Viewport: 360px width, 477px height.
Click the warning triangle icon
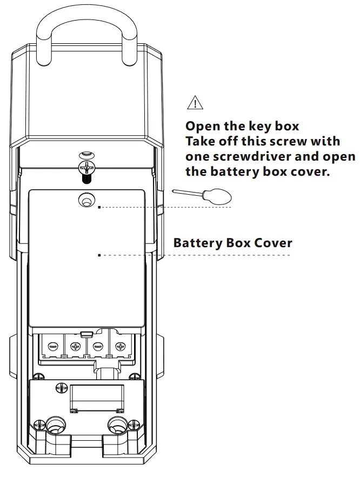[193, 102]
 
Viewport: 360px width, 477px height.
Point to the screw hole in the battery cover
[85, 201]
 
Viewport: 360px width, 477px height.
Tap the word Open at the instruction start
[202, 127]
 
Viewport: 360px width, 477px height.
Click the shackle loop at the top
[86, 22]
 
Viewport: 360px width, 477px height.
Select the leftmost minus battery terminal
[52, 346]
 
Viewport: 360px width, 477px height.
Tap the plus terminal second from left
[75, 346]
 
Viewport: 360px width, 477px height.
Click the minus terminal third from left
[98, 346]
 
